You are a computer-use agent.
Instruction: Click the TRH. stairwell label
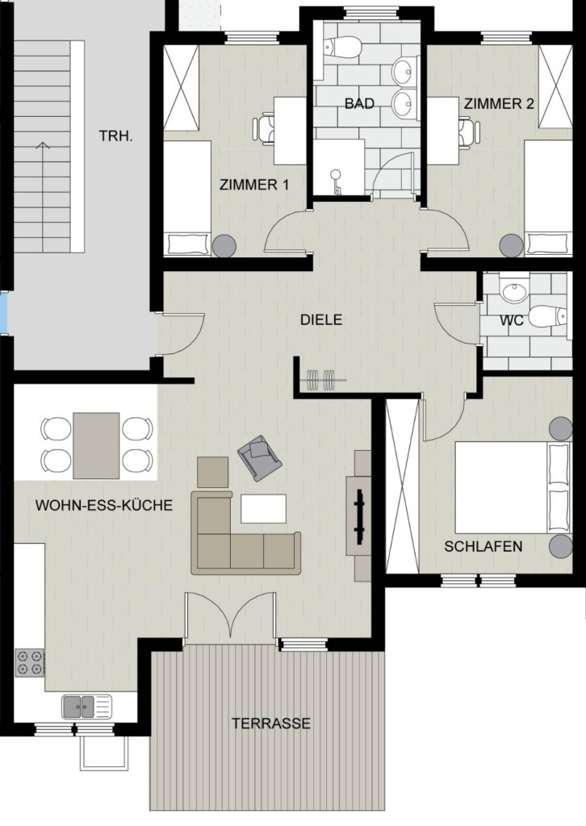tap(116, 136)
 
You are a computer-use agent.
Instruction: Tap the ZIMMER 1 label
tap(254, 185)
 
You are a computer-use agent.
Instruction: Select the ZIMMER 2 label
tap(499, 104)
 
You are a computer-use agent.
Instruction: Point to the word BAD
tap(359, 103)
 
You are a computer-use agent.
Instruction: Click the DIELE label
tap(321, 319)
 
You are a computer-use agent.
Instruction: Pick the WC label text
tap(512, 319)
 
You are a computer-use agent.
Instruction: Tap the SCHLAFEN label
tap(483, 546)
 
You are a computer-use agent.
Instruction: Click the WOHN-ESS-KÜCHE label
tap(104, 505)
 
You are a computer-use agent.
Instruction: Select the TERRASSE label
tap(271, 724)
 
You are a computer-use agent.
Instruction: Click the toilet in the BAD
tap(343, 48)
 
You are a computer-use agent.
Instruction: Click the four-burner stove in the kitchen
tap(30, 663)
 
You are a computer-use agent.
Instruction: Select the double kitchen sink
tap(87, 707)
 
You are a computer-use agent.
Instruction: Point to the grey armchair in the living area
tap(259, 458)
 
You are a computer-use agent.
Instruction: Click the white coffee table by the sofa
tap(263, 508)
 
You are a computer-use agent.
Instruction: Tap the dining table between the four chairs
tap(96, 445)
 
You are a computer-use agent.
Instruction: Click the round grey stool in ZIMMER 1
tap(225, 245)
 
